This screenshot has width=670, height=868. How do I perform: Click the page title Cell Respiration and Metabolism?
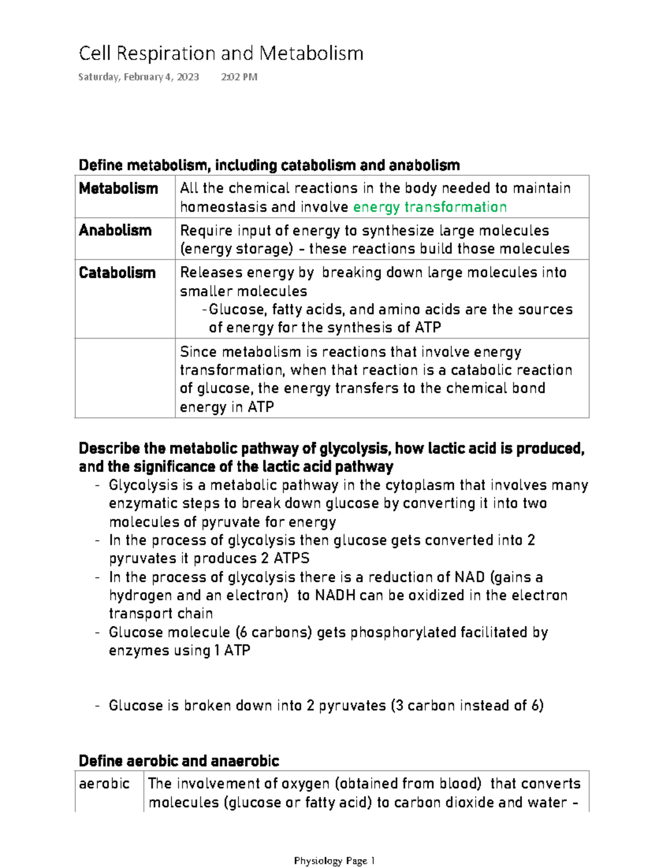pyautogui.click(x=221, y=54)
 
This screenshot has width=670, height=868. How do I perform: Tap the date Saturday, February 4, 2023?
pyautogui.click(x=138, y=77)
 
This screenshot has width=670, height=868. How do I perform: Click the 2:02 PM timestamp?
pyautogui.click(x=239, y=77)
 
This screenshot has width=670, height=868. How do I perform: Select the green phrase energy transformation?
pyautogui.click(x=430, y=207)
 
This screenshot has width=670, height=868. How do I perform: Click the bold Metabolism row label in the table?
pyautogui.click(x=118, y=189)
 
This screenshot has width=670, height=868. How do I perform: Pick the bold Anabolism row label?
pyautogui.click(x=115, y=230)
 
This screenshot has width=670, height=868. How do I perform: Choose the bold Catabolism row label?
pyautogui.click(x=117, y=273)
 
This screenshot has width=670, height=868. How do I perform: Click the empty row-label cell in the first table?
pyautogui.click(x=125, y=378)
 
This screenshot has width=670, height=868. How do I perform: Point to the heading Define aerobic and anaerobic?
pyautogui.click(x=179, y=761)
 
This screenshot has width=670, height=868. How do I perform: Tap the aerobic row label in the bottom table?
pyautogui.click(x=104, y=784)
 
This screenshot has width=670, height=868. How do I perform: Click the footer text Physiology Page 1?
pyautogui.click(x=334, y=861)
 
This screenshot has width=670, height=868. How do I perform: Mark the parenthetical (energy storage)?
pyautogui.click(x=236, y=249)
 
